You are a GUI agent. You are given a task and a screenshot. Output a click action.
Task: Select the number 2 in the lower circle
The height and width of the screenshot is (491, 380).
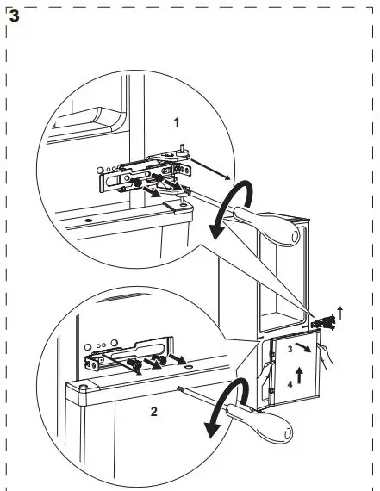pos(153,411)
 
